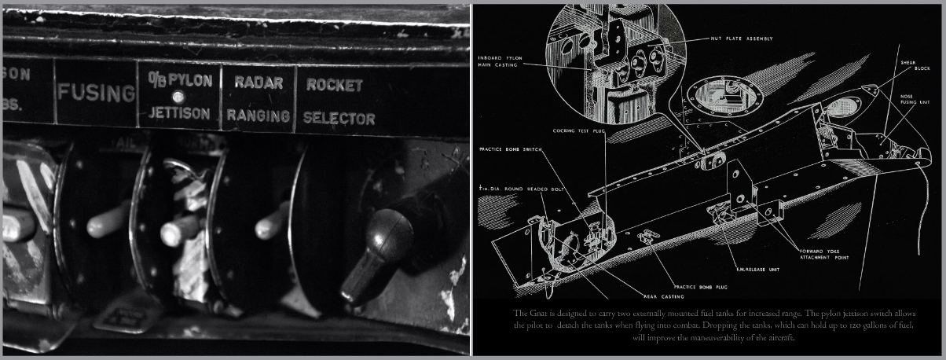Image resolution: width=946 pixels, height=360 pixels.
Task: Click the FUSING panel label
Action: click(x=96, y=94)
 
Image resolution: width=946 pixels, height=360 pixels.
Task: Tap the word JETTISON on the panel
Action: click(x=180, y=114)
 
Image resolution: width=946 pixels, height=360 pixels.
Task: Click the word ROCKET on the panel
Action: click(x=335, y=85)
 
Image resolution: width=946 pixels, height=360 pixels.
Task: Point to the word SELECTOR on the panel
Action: click(x=339, y=119)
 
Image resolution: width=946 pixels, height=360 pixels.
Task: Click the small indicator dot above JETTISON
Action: click(x=178, y=97)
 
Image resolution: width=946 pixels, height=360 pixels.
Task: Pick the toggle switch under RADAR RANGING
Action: click(x=271, y=221)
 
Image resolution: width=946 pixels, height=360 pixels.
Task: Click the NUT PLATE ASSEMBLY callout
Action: click(x=741, y=39)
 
